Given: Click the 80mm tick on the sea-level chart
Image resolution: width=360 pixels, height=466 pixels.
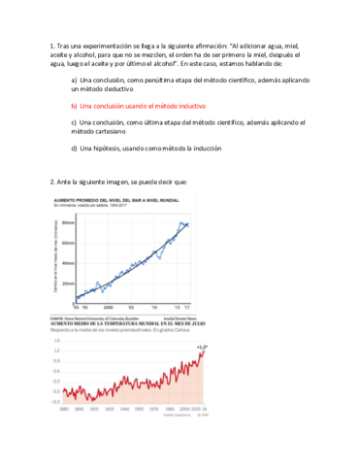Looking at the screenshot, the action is pyautogui.click(x=69, y=222).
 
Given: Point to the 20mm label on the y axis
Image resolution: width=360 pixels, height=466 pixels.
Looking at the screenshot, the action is pyautogui.click(x=69, y=283).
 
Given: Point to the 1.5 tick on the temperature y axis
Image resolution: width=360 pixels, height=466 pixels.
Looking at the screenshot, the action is pyautogui.click(x=56, y=341).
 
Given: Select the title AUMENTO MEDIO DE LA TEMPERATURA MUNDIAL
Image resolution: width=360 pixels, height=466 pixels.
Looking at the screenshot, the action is pyautogui.click(x=126, y=321).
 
